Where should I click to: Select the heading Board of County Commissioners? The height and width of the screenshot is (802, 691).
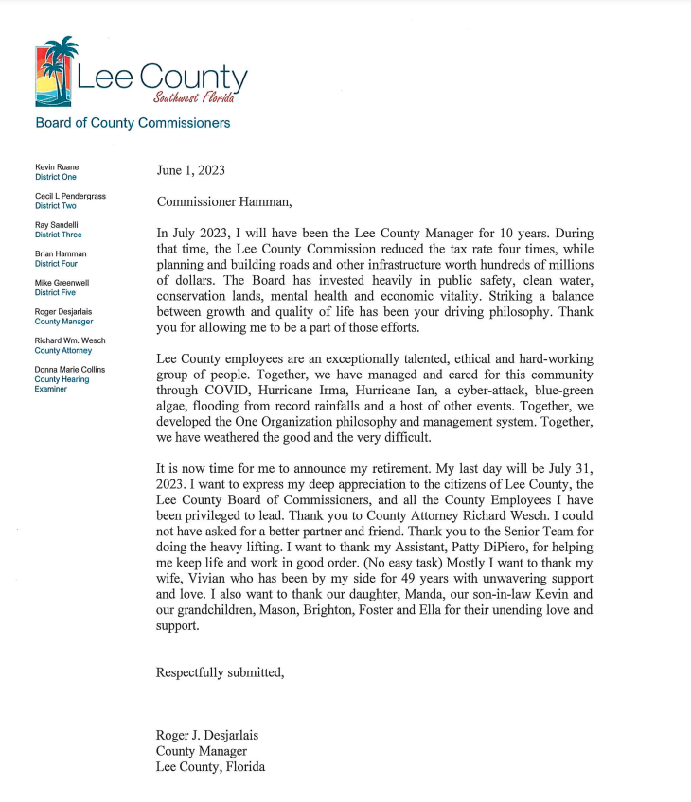click(x=133, y=123)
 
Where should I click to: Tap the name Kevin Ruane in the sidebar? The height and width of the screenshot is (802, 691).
click(x=57, y=166)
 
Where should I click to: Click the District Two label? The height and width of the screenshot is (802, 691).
click(x=56, y=205)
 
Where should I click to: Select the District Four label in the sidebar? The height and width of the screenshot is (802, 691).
click(x=57, y=264)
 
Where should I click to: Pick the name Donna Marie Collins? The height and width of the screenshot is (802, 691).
click(x=70, y=369)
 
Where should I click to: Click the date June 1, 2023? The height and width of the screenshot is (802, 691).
click(x=191, y=171)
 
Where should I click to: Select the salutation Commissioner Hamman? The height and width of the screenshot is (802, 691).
click(x=224, y=201)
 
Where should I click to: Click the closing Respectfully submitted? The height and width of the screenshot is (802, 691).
click(x=220, y=672)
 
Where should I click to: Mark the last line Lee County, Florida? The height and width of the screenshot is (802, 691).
click(x=210, y=767)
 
